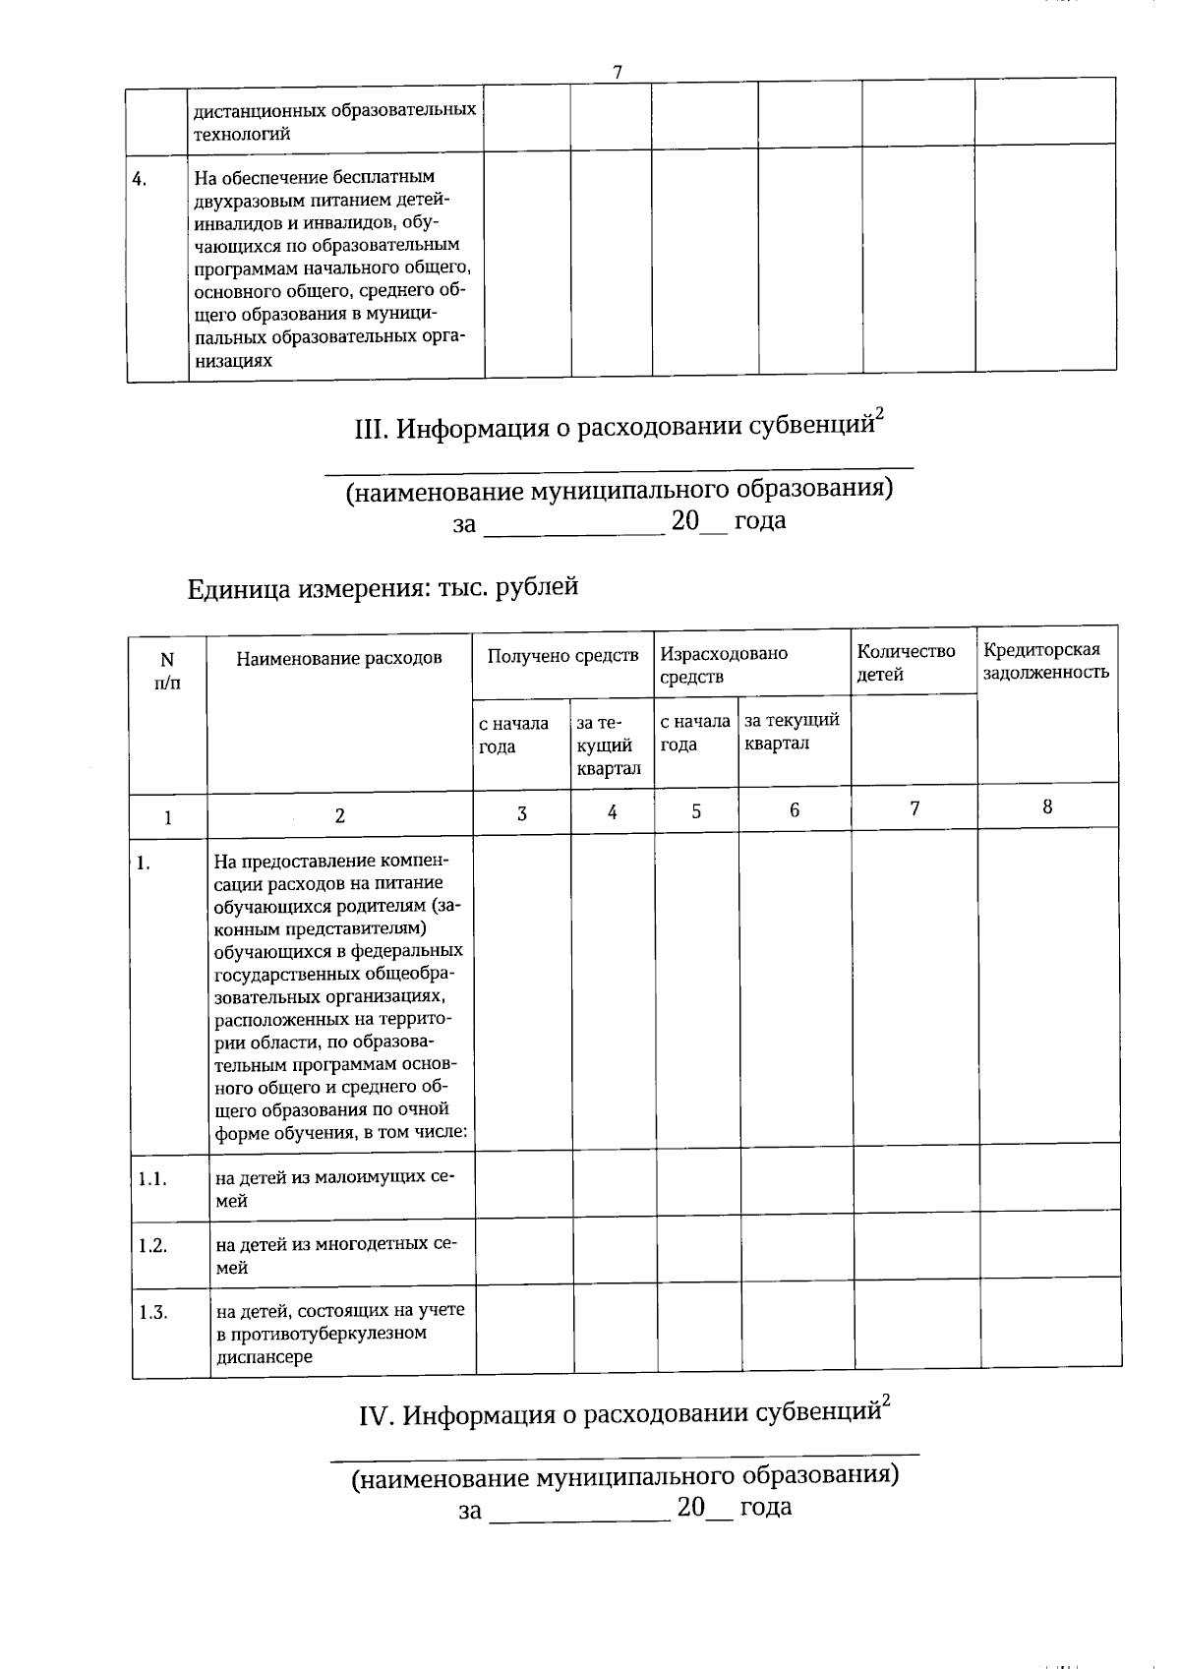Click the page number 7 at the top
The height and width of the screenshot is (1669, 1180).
618,72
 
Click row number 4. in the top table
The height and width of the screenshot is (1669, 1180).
141,179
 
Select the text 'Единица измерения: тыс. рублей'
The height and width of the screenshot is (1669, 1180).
383,588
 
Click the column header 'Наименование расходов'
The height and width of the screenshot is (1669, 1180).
338,658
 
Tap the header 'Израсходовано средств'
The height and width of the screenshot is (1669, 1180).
724,665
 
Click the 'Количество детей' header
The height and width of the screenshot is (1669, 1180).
906,662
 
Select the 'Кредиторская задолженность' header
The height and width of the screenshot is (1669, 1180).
1045,660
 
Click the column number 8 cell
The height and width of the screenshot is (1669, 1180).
1047,806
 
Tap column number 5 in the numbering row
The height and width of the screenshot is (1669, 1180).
696,811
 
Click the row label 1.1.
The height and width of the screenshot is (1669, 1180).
152,1178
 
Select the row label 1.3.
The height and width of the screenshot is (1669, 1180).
152,1312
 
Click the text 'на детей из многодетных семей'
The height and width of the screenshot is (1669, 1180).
335,1255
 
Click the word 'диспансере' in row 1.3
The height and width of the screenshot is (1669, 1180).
264,1357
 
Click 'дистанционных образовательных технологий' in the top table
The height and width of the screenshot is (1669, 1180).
334,122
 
